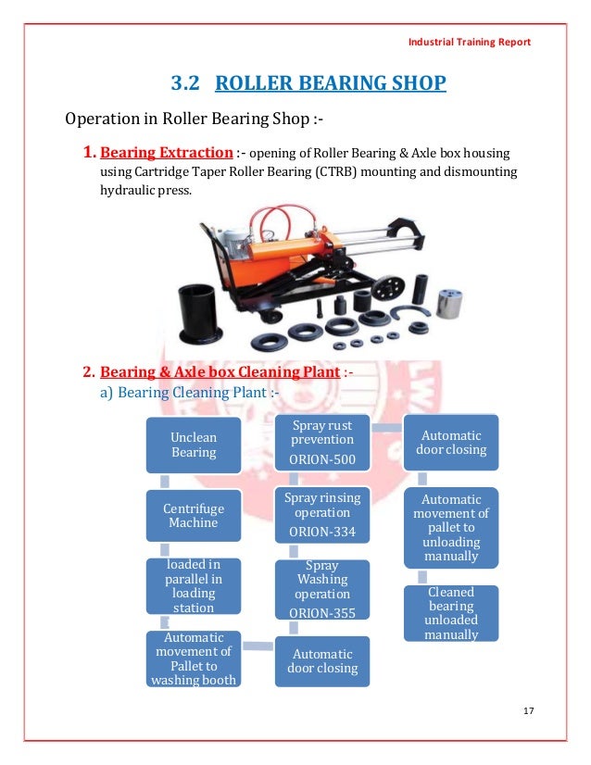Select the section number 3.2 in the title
[185, 84]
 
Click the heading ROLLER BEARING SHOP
[330, 84]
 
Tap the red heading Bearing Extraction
[167, 152]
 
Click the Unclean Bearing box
[193, 445]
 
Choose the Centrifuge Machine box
[191, 516]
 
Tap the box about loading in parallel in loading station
[192, 585]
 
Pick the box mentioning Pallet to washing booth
[192, 658]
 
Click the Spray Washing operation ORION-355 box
[321, 589]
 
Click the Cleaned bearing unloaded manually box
[450, 613]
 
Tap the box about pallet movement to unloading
[450, 528]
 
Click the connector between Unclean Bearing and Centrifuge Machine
[165, 482]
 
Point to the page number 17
[529, 710]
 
